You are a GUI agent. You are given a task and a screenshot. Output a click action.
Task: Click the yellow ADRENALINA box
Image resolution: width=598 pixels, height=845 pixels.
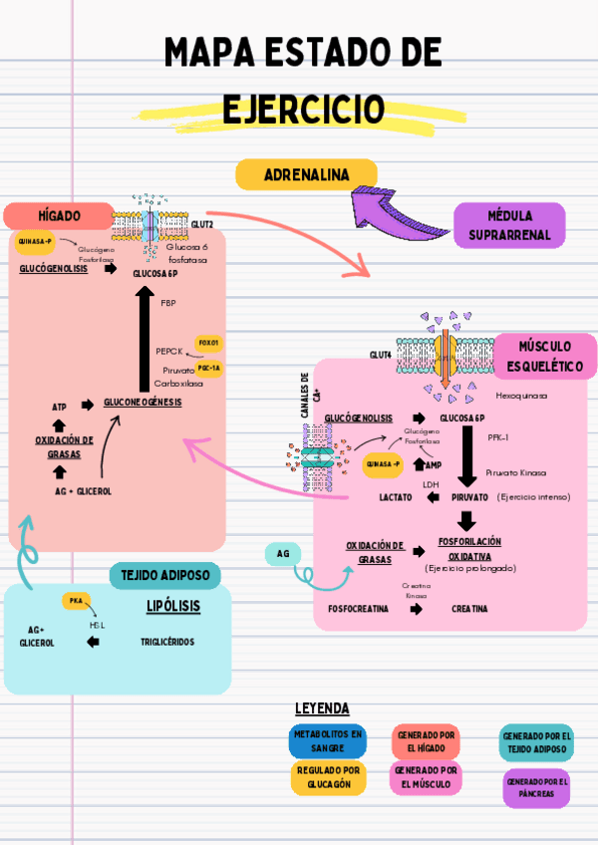306,175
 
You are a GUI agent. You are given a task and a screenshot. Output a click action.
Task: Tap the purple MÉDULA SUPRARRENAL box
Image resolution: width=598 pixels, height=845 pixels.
509,226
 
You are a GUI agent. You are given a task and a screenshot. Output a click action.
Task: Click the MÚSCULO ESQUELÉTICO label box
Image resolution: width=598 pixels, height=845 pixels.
545,356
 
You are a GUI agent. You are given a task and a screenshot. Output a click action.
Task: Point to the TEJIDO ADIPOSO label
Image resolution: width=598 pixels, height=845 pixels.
164,575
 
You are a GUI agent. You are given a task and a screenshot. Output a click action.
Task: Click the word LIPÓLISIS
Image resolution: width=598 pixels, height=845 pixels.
173,605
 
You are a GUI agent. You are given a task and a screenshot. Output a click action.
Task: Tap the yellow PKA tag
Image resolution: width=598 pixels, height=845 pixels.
76,601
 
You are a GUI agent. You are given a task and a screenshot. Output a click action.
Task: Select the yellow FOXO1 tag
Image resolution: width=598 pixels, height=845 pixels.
208,343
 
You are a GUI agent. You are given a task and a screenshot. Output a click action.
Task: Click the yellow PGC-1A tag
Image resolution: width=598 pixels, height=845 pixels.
209,368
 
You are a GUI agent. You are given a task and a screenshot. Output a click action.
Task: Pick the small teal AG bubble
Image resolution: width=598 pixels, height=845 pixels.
283,553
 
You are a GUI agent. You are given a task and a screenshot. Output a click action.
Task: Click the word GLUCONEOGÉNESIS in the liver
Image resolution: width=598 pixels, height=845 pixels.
143,402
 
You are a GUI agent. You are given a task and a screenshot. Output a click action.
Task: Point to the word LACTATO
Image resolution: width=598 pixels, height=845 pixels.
395,496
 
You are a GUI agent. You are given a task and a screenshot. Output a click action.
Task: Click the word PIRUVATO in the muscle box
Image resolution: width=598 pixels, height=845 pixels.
469,496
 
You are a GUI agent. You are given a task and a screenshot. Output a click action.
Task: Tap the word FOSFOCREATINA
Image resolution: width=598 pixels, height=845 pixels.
358,608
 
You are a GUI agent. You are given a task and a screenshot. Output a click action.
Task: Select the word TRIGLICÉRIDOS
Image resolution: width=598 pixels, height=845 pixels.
167,642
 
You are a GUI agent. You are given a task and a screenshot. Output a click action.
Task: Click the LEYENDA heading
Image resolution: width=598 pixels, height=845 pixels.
322,708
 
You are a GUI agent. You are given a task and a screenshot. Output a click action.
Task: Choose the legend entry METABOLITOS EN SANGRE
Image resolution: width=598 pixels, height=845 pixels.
328,741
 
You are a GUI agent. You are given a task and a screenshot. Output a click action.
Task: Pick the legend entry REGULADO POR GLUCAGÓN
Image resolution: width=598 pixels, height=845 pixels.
328,778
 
